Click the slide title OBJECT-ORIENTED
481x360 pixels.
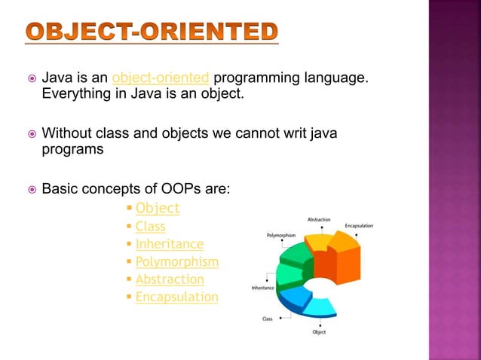(x=151, y=31)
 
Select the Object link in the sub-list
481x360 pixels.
(x=158, y=208)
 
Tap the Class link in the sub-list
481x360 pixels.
(x=150, y=226)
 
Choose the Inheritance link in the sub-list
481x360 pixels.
(x=169, y=244)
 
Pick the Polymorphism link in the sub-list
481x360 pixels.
(x=176, y=262)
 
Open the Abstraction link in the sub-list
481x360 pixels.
(x=170, y=279)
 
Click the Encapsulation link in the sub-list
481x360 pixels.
(x=176, y=297)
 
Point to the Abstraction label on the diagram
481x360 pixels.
(x=319, y=219)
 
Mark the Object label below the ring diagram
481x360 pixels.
(x=319, y=331)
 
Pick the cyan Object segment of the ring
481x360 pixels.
(x=321, y=306)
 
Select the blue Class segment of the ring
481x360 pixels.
(x=293, y=297)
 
